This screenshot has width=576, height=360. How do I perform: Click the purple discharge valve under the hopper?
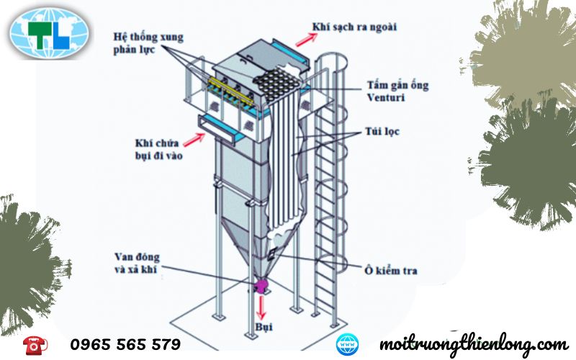261,286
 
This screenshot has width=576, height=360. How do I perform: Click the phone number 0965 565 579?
125,344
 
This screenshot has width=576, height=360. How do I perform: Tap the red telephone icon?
33,344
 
